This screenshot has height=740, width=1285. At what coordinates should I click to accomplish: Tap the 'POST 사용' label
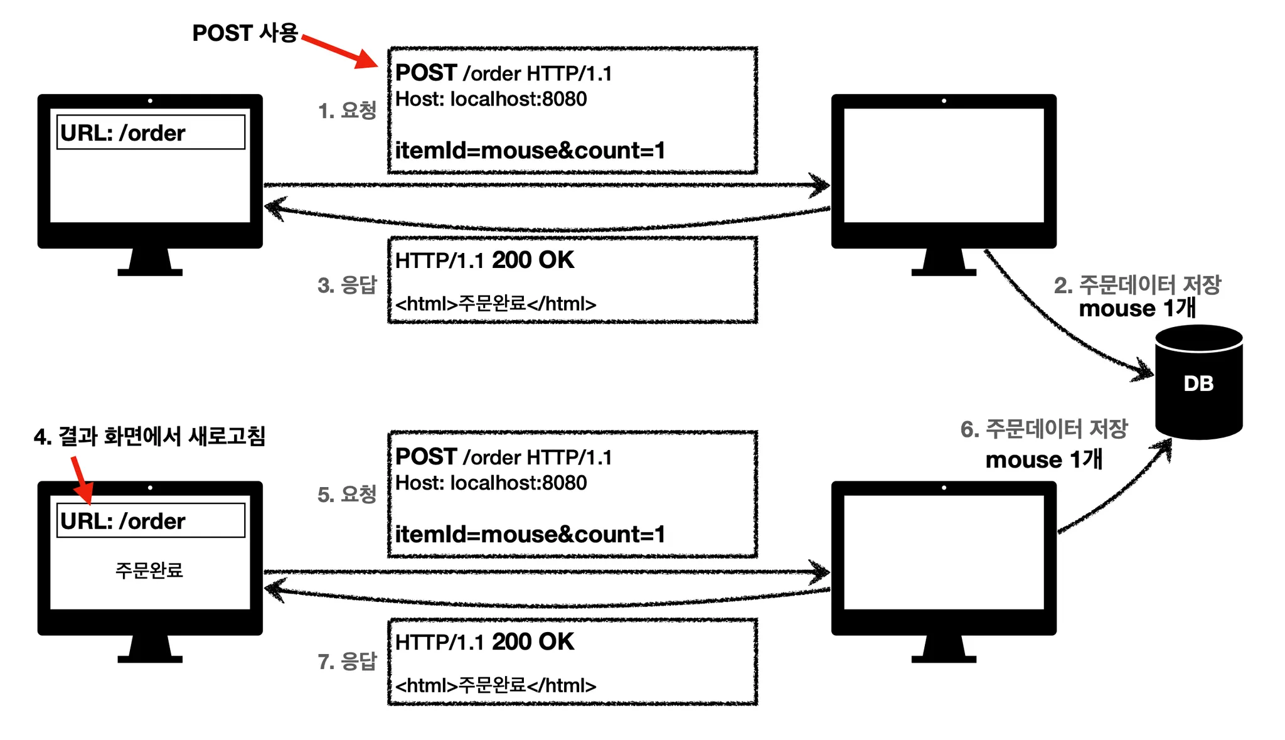[x=245, y=33]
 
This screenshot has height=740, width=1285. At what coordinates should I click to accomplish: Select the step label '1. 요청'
[x=347, y=110]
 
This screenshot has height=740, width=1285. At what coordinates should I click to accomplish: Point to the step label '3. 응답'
[x=347, y=286]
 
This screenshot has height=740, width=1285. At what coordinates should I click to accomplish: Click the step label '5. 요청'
[x=347, y=495]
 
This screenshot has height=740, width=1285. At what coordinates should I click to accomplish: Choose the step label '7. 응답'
[x=347, y=662]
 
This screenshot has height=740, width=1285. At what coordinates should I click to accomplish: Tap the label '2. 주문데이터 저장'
[x=1137, y=285]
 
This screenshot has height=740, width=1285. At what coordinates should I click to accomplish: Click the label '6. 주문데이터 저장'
[x=1044, y=429]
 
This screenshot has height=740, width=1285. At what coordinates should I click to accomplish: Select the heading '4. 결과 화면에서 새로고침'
[x=149, y=436]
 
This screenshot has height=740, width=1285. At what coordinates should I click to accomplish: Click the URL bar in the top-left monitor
[x=151, y=132]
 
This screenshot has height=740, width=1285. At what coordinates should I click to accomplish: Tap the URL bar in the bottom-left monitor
[x=151, y=520]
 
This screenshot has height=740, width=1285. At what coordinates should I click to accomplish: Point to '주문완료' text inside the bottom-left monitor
[x=149, y=571]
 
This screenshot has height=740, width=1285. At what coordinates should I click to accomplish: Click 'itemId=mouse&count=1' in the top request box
[x=530, y=151]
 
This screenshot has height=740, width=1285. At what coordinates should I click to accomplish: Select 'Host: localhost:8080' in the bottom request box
[x=491, y=483]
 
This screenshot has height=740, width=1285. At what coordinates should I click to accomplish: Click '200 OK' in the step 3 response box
[x=533, y=260]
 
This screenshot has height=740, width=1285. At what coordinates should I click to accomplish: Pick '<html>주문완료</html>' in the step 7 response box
[x=496, y=685]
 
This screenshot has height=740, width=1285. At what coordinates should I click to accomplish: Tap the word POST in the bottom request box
[x=425, y=456]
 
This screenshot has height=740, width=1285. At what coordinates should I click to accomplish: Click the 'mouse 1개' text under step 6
[x=1043, y=459]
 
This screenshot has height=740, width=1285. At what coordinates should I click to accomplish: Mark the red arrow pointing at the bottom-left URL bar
[x=82, y=480]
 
